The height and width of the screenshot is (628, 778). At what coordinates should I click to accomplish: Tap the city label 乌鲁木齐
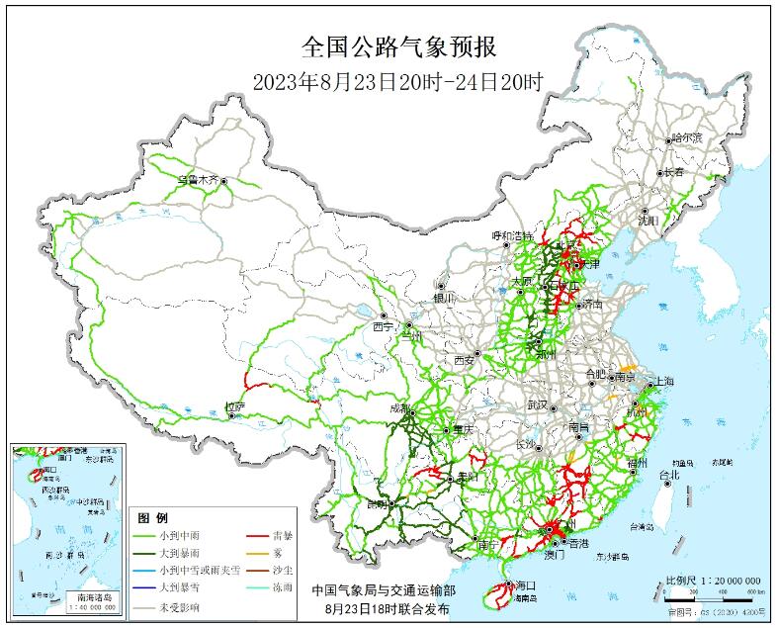[x=197, y=180]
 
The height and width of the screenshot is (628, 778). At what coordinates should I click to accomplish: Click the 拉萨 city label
[x=233, y=405]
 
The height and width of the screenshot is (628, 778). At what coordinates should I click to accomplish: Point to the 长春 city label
[x=674, y=171]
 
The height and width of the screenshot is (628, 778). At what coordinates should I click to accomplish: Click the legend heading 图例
[x=153, y=518]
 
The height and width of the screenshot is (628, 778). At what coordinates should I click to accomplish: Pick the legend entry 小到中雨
[x=178, y=535]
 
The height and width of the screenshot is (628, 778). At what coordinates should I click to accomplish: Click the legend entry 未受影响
[x=178, y=606]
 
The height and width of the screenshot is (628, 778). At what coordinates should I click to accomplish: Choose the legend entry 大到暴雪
[x=178, y=588]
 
